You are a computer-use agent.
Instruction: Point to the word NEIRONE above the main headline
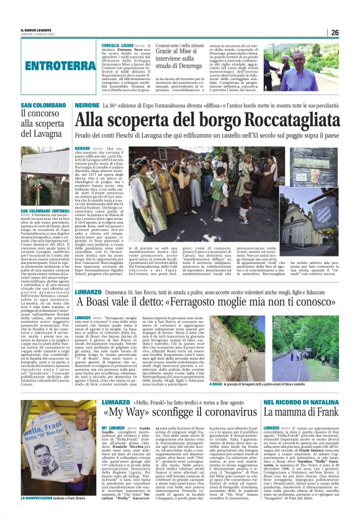[86, 106]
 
